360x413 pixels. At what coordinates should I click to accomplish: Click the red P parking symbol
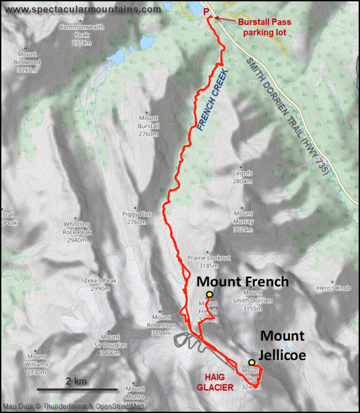pos(207,11)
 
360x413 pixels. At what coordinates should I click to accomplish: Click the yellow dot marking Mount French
pos(209,294)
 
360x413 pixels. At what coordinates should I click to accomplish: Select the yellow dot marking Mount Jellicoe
pos(252,362)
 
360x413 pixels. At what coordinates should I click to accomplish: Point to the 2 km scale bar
pos(77,389)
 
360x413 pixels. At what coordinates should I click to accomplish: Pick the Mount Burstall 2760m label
pos(149,126)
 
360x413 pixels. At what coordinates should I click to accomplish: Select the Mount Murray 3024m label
pos(243,221)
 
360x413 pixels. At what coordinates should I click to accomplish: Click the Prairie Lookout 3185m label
pos(209,261)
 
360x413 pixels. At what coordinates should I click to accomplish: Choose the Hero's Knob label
pos(333,288)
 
